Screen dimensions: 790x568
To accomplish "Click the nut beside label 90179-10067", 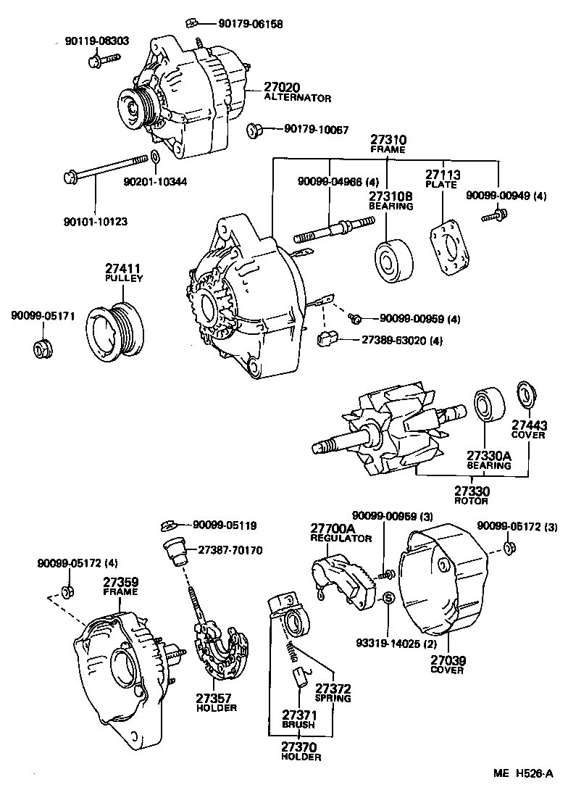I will (x=254, y=130).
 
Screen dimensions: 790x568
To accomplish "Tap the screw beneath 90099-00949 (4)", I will (x=497, y=214).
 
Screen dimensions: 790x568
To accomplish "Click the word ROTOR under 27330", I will (x=471, y=501).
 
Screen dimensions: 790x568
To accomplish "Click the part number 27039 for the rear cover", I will (x=448, y=660).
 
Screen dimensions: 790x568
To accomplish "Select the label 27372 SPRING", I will (x=334, y=693).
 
